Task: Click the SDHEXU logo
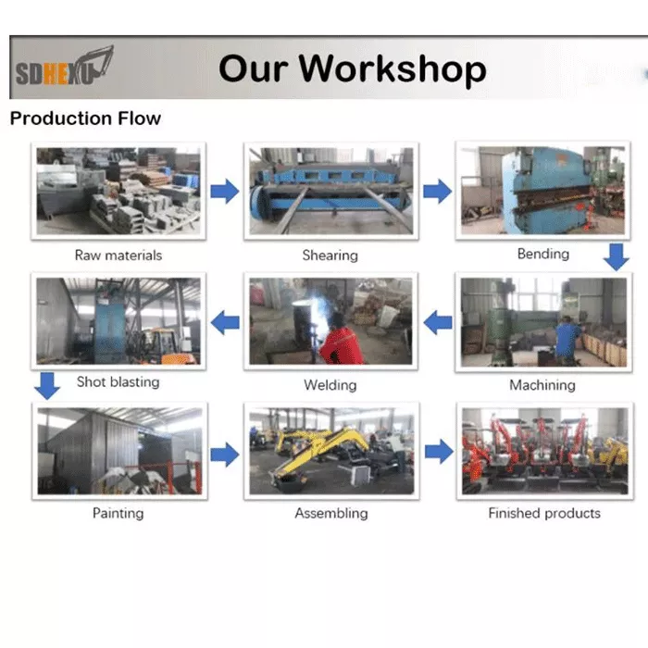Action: point(65,67)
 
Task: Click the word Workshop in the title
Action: point(393,69)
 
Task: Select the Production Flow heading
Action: point(85,118)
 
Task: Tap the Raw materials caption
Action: point(118,255)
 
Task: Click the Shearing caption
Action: point(330,255)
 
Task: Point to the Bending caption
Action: point(543,254)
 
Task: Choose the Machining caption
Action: point(542,385)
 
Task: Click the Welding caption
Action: point(330,385)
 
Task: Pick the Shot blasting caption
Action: point(118,381)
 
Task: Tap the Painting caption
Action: point(118,513)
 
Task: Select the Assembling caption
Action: point(331,513)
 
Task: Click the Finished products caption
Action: point(544,513)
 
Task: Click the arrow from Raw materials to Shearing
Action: point(225,192)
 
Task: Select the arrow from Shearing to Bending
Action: point(437,192)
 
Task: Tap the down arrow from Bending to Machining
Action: point(617,257)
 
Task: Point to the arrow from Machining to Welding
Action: point(437,323)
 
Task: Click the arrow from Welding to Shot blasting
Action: point(225,323)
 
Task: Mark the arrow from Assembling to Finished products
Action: point(439,452)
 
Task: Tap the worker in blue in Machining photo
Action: point(567,340)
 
